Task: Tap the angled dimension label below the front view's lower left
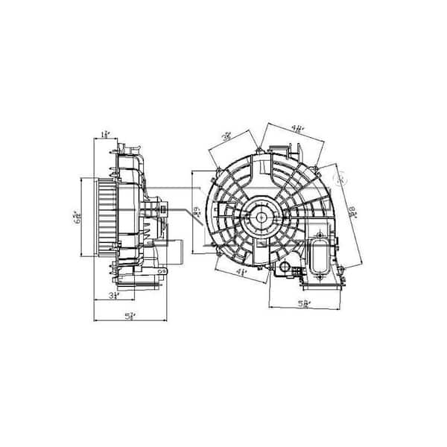[242, 272]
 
